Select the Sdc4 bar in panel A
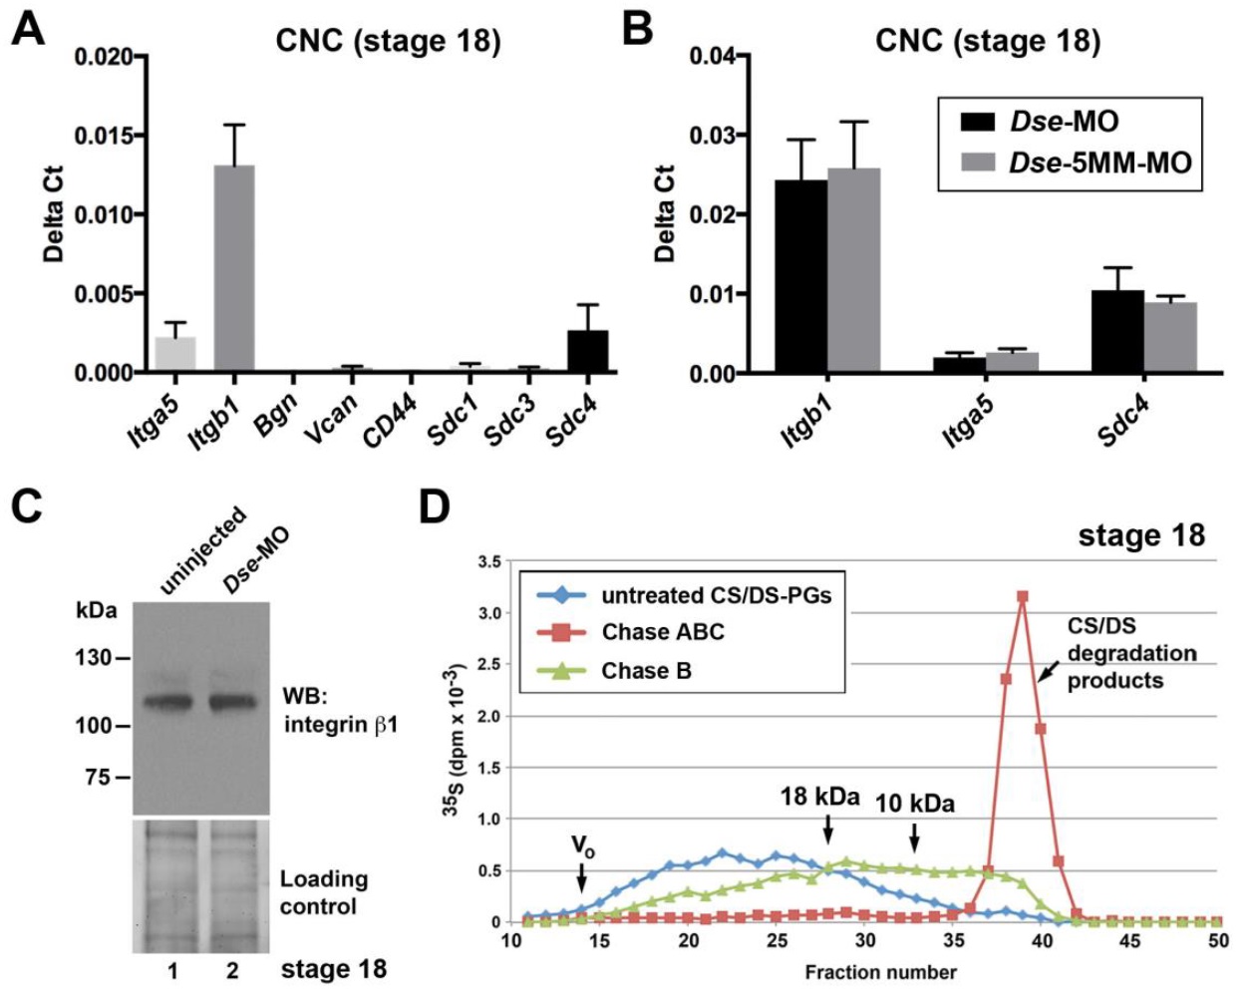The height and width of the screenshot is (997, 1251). pyautogui.click(x=588, y=352)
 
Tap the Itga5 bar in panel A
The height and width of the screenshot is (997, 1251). pyautogui.click(x=175, y=355)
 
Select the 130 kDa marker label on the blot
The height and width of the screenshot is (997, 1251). pyautogui.click(x=93, y=658)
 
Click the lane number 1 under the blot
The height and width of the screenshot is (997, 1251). pyautogui.click(x=172, y=970)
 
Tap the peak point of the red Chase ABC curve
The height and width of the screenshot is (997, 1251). pyautogui.click(x=1022, y=596)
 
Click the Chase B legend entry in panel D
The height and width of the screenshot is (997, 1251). pyautogui.click(x=645, y=671)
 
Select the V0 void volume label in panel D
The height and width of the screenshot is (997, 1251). pyautogui.click(x=581, y=846)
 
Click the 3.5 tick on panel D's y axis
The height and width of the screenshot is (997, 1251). pyautogui.click(x=489, y=561)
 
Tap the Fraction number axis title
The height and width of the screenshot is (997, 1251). pyautogui.click(x=880, y=972)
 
